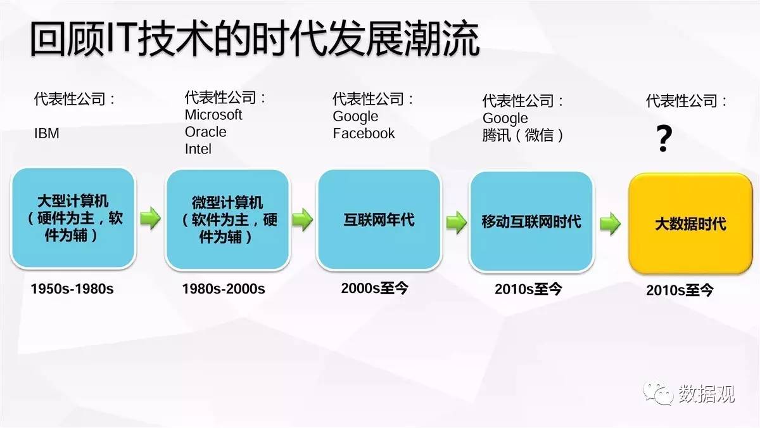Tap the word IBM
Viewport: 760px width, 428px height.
click(47, 133)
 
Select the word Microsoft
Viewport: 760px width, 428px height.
click(213, 115)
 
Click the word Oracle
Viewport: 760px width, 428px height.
click(206, 132)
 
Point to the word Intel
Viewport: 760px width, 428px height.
click(198, 149)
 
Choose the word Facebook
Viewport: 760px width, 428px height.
click(364, 133)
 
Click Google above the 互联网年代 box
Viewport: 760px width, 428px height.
click(355, 117)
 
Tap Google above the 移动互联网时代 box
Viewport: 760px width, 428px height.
click(505, 118)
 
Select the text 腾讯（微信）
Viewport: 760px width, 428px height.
click(522, 135)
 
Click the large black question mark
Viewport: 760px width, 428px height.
click(664, 138)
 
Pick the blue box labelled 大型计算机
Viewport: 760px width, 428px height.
click(73, 218)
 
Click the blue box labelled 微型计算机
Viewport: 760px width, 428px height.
click(227, 220)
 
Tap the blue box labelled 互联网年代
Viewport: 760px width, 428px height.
click(379, 220)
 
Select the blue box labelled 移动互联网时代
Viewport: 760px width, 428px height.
click(531, 221)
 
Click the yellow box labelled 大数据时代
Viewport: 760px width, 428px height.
click(691, 223)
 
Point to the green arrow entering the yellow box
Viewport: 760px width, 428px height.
click(611, 223)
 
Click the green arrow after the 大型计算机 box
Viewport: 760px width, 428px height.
click(150, 218)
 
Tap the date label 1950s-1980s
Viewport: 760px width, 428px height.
click(72, 289)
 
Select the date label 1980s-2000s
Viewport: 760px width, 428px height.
click(224, 289)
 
